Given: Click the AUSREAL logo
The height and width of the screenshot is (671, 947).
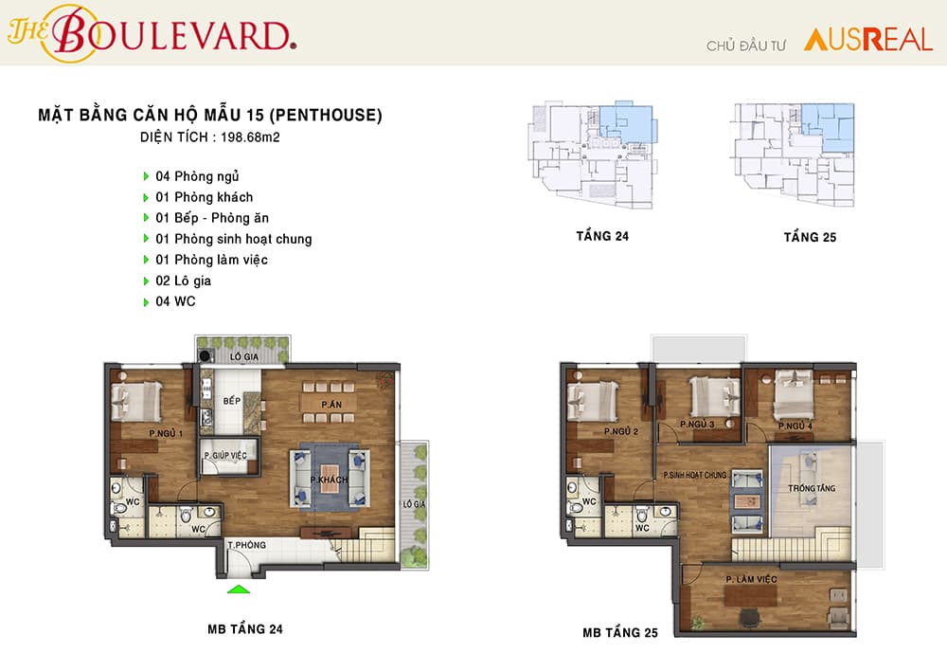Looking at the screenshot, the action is coord(868,39).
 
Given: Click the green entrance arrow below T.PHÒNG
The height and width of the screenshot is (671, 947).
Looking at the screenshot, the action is coord(239,589).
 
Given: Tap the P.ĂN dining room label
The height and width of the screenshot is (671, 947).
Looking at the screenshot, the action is coord(331,405).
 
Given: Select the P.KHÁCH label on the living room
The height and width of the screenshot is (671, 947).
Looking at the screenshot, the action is coord(330,480).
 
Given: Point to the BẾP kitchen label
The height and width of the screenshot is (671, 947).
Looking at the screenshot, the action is coord(232,401).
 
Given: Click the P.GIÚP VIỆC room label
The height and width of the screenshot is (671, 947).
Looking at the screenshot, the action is coord(225,455).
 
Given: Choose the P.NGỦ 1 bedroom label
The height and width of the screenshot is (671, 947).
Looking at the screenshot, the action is coord(166,433).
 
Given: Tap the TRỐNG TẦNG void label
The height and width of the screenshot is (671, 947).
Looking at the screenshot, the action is coord(812,488).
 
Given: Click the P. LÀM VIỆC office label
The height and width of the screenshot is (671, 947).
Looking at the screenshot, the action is coord(751,579).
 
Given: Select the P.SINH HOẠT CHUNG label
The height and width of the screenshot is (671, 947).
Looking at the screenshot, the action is coord(694,475).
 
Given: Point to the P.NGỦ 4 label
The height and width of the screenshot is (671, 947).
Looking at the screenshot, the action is coord(795,426).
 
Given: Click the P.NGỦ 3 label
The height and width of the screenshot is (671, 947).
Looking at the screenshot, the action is coord(697,425).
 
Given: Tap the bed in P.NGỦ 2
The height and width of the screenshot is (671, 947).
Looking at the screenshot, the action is coord(593,401).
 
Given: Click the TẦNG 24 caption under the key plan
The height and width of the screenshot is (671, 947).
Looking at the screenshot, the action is coord(602,236).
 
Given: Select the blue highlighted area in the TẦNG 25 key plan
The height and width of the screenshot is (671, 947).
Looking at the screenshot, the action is coord(829,128).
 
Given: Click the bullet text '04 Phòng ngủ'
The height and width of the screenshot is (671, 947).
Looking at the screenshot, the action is coord(197,176).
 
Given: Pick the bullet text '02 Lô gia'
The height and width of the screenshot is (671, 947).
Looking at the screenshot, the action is coord(183,281).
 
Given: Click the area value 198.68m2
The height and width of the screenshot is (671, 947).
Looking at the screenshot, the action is coord(250,137).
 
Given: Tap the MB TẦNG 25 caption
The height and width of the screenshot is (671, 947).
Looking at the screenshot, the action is coord(619,633).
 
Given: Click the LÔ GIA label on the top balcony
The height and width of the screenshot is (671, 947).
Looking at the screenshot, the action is coord(244,356).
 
